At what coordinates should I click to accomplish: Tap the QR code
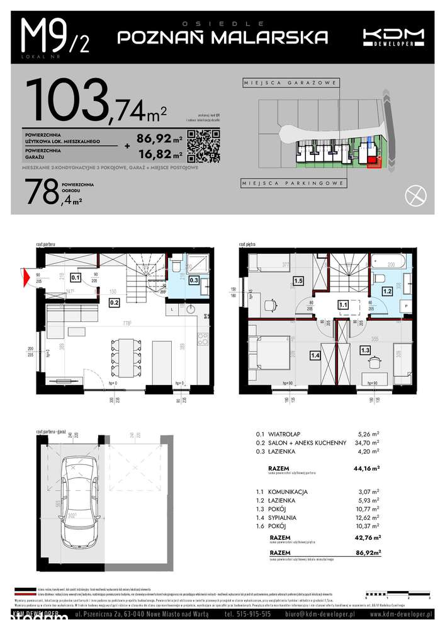(x=203, y=145)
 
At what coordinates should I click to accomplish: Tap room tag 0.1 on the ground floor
(x=75, y=277)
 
